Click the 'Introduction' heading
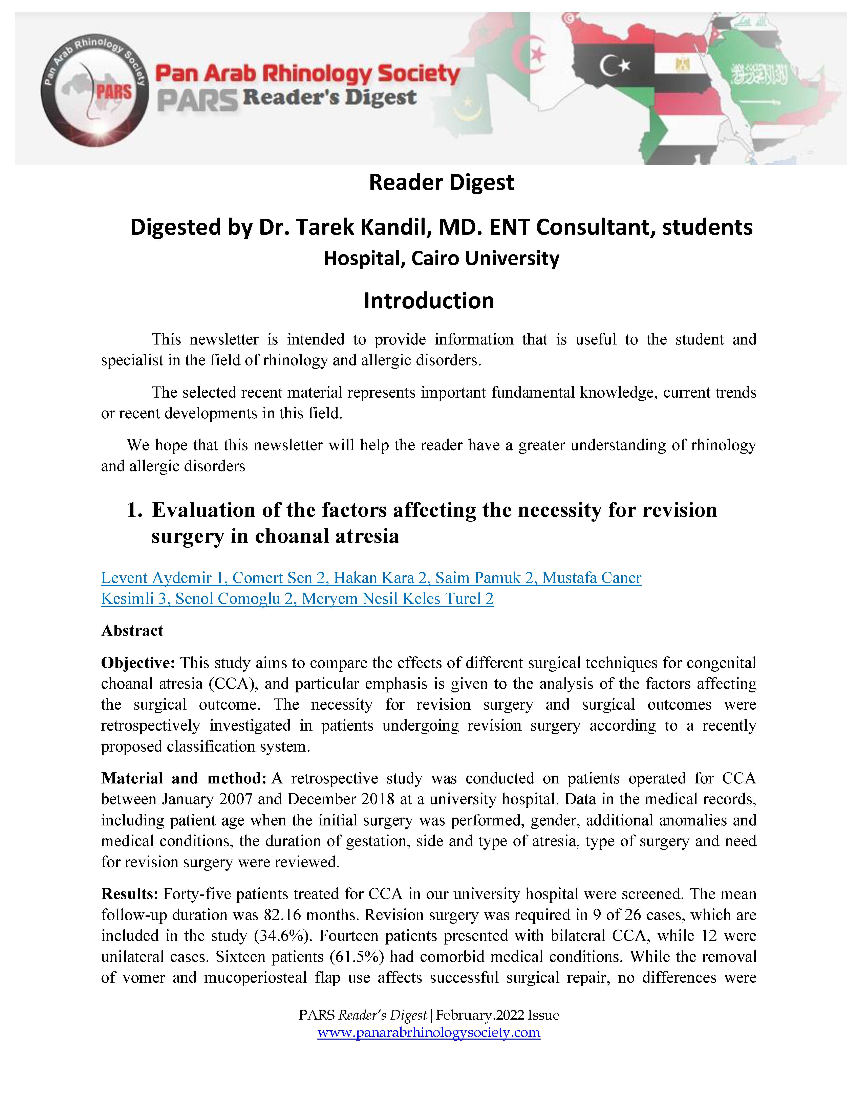(428, 301)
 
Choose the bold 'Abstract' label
(132, 631)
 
